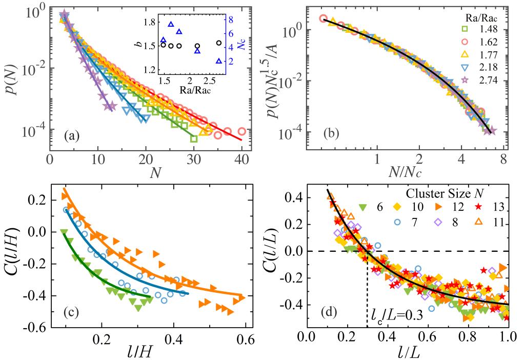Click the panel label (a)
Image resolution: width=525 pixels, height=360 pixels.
(x=71, y=137)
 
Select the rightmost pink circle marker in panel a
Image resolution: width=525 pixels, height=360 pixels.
(x=241, y=131)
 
